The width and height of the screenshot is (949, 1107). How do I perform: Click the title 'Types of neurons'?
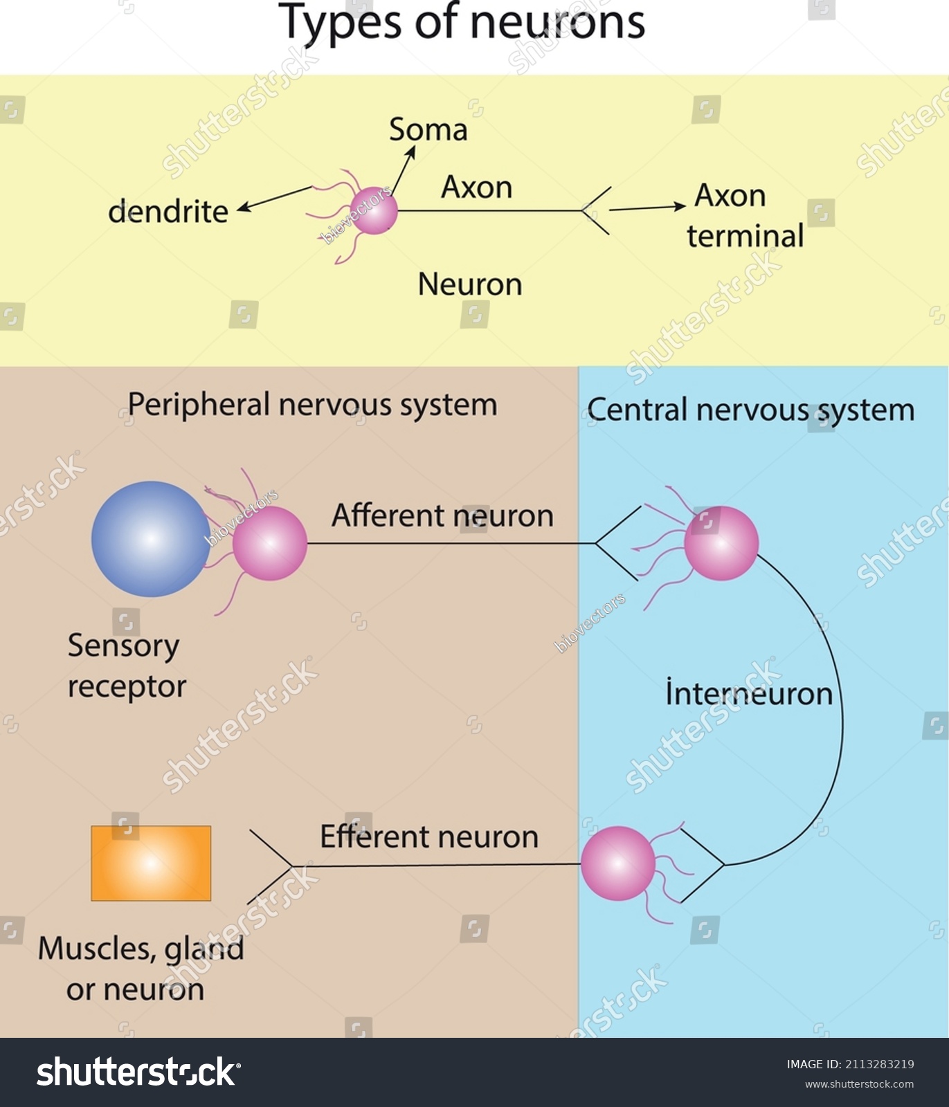462,22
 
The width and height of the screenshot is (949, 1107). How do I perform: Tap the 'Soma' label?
428,130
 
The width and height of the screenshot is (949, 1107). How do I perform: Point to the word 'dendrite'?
168,212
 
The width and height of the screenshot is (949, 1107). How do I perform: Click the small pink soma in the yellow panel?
374,211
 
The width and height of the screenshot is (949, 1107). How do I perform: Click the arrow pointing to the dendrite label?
274,197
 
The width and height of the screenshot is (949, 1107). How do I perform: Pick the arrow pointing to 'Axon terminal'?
647,208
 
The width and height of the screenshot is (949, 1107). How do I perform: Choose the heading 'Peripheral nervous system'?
312,405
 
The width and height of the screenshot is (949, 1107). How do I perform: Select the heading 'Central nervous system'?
750,410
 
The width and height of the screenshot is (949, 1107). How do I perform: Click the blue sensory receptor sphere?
150,539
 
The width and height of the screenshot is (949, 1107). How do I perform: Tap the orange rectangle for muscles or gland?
151,863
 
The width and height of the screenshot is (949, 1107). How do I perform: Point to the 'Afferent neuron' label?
442,516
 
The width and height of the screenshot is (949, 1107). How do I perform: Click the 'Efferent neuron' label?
429,837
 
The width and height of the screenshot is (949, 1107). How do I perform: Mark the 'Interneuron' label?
749,694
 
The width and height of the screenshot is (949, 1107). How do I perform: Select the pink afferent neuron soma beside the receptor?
269,543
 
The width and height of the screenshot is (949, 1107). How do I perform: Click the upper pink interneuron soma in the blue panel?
721,543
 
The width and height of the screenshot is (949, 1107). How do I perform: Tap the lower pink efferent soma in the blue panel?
617,863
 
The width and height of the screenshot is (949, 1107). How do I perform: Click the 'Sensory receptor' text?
126,666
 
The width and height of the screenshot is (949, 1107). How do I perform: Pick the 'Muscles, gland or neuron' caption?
141,969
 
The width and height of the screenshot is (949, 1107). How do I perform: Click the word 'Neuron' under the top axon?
470,285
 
